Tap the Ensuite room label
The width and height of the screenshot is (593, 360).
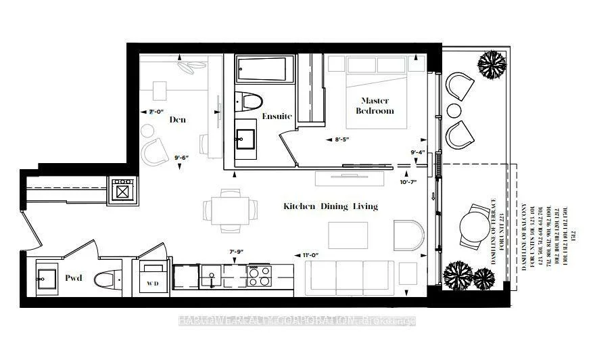[x=277, y=116]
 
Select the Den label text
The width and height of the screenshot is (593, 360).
[x=178, y=120]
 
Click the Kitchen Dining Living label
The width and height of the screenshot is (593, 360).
[x=330, y=206]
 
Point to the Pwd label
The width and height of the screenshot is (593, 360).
[x=74, y=277]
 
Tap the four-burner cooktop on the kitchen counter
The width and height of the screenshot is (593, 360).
[x=260, y=277]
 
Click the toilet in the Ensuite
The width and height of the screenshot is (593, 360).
[x=249, y=102]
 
